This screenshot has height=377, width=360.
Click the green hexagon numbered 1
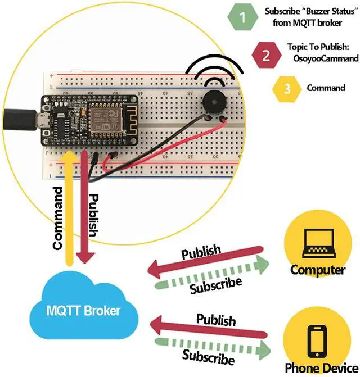[x=242, y=17]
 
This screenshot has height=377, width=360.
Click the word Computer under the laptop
[x=318, y=270]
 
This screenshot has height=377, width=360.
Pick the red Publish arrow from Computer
[x=205, y=261]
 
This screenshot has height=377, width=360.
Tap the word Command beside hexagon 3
[x=326, y=88]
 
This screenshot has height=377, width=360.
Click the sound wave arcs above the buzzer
[x=216, y=70]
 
